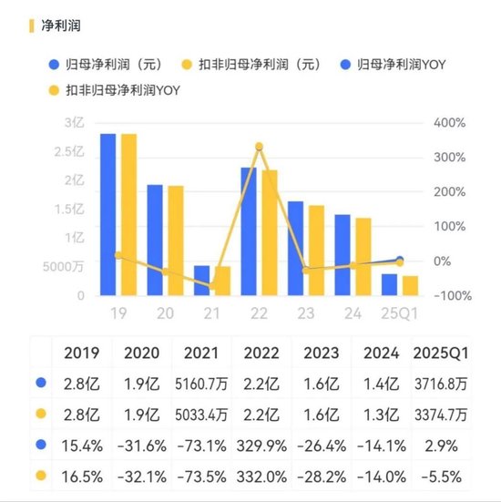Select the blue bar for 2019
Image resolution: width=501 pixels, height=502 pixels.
tap(107, 214)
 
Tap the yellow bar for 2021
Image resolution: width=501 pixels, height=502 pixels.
tap(223, 281)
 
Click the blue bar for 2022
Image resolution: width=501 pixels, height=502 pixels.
tap(249, 231)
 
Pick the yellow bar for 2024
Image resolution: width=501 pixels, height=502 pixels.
tap(363, 257)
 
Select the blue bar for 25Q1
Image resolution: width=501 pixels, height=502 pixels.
tap(389, 284)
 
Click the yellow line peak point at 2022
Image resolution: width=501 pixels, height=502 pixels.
tap(259, 147)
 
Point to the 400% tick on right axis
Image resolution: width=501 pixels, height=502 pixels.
tap(449, 122)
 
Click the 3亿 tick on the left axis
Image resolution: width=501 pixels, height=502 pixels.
tap(75, 122)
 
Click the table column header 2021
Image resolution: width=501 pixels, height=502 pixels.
tap(200, 353)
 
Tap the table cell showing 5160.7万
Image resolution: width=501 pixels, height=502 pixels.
tap(200, 384)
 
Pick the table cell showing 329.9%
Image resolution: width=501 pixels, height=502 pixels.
tap(259, 446)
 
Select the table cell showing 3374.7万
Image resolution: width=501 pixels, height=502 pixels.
tap(440, 415)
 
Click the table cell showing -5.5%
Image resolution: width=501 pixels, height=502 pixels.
tap(440, 476)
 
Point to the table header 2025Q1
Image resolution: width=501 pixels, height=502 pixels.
tap(440, 353)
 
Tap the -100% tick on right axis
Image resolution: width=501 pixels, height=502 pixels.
tap(449, 296)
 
